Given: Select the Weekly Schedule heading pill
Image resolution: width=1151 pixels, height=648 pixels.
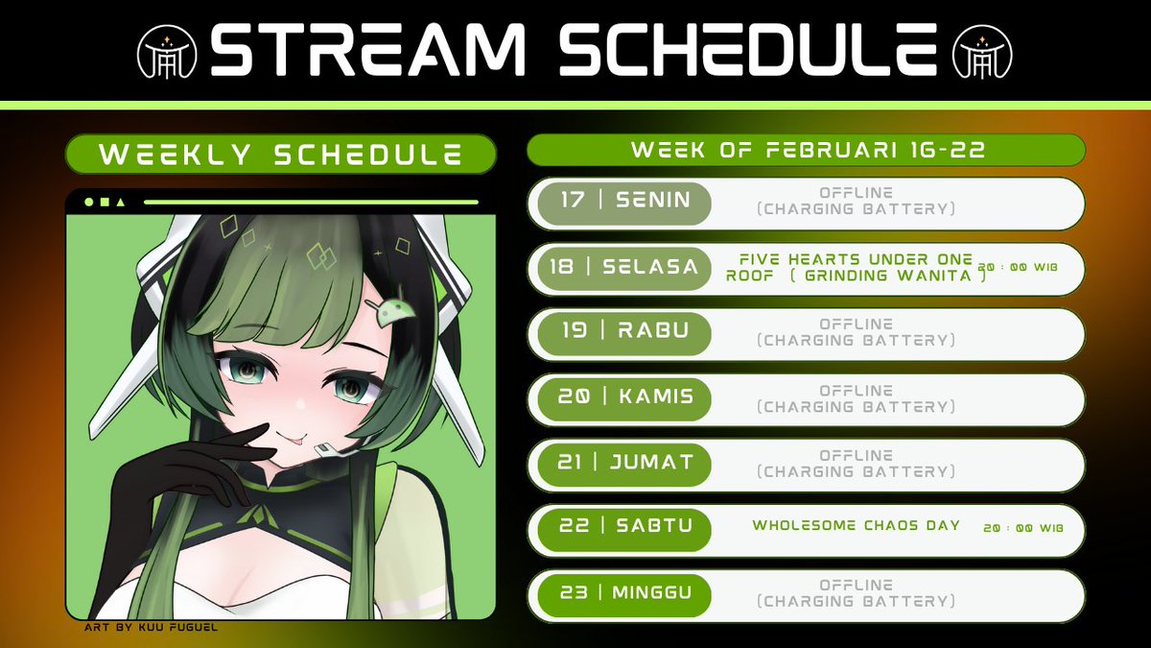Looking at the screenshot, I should point(280,155).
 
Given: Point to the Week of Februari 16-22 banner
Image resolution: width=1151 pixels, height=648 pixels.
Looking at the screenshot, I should point(806,151).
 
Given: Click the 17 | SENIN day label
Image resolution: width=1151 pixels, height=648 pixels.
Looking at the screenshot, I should point(624,203).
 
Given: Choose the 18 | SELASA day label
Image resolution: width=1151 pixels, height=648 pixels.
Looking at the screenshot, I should point(624,268).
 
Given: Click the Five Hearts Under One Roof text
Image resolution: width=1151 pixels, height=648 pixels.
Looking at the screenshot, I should point(856,259).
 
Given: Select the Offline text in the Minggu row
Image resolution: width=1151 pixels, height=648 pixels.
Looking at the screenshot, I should point(856,585).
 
